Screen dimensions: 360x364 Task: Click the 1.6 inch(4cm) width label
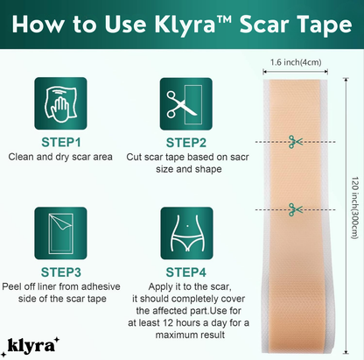[x=295, y=62]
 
